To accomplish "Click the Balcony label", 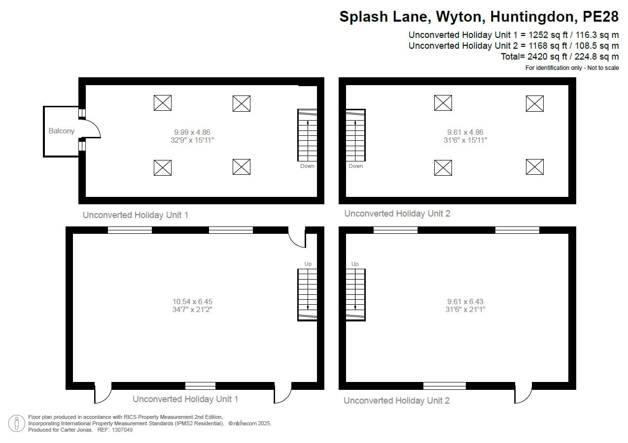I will tap(62, 131).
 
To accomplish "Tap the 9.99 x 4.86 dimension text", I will tap(192, 132).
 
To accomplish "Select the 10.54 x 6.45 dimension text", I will tap(192, 302).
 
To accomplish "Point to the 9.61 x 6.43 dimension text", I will tap(465, 302).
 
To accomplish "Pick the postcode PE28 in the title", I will tap(600, 17).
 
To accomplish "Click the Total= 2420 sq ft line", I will tap(559, 57).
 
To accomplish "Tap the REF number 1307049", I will tap(122, 430).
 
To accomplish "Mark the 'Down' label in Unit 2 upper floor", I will tap(356, 166).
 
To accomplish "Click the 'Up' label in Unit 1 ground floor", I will tap(308, 264).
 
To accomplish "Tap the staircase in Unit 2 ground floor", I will tap(355, 294).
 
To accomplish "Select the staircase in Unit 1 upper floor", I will tap(307, 135).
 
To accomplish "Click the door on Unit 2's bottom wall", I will tap(523, 391).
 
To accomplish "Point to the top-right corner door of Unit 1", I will tap(297, 236).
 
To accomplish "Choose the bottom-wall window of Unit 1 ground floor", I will tap(201, 385).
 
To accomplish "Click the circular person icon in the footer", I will tap(17, 423).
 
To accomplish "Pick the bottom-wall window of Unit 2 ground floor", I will tap(445, 385).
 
